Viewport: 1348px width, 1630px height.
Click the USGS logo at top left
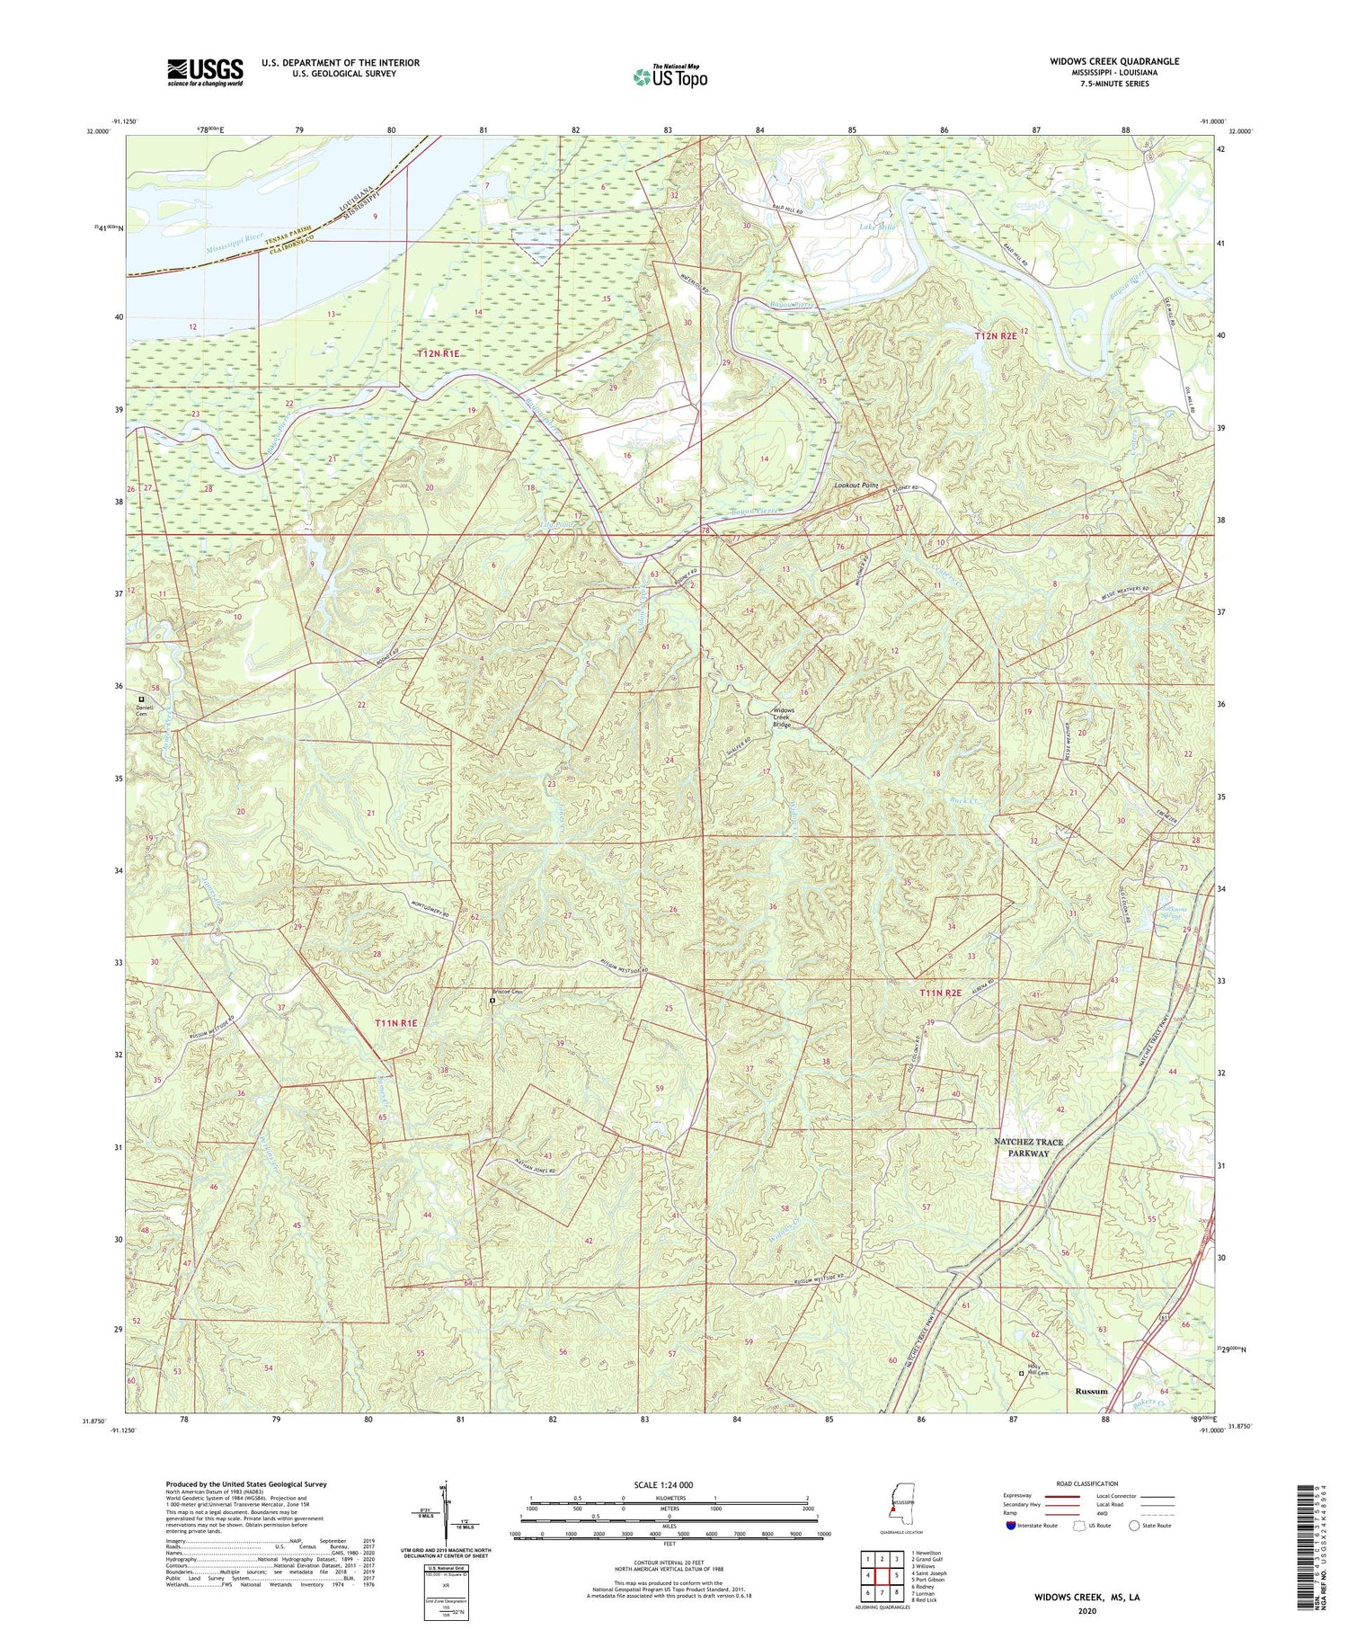pos(205,72)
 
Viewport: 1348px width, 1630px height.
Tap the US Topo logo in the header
pos(670,76)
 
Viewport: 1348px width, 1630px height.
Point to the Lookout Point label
pos(856,485)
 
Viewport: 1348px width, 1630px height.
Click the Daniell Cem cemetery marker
pos(140,699)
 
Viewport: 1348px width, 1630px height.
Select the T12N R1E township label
pos(438,353)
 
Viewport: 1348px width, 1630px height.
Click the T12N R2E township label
pos(997,335)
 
